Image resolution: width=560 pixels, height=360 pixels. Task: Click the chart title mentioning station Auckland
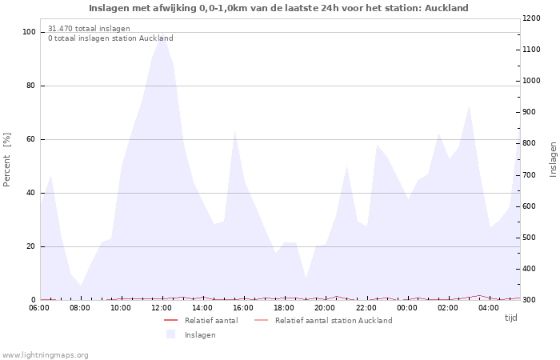tap(278, 8)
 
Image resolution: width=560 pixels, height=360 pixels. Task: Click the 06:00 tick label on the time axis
tap(40, 306)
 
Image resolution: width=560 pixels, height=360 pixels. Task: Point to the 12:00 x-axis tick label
tap(162, 306)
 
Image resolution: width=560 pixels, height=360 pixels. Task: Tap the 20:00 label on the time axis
tap(324, 306)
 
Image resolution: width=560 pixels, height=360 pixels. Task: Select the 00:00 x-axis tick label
tap(407, 306)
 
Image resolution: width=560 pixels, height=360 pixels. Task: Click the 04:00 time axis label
tap(488, 306)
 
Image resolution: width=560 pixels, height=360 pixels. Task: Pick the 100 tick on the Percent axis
tap(29, 32)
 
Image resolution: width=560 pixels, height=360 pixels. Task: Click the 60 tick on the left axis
tap(31, 139)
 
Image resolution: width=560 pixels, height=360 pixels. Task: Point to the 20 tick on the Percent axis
tap(31, 246)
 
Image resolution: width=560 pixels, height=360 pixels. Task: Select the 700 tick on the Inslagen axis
tap(531, 174)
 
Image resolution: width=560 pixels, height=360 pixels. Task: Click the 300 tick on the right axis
tap(531, 300)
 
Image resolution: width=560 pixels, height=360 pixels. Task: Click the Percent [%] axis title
tap(7, 160)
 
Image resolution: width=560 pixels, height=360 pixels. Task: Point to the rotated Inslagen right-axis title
tap(553, 158)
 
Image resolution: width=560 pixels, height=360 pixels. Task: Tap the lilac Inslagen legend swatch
tap(170, 334)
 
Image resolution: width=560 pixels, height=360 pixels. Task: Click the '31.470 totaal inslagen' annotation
tap(89, 29)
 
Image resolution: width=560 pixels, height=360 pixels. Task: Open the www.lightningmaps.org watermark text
tap(46, 354)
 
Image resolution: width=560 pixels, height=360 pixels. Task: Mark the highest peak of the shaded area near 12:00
tap(162, 36)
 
